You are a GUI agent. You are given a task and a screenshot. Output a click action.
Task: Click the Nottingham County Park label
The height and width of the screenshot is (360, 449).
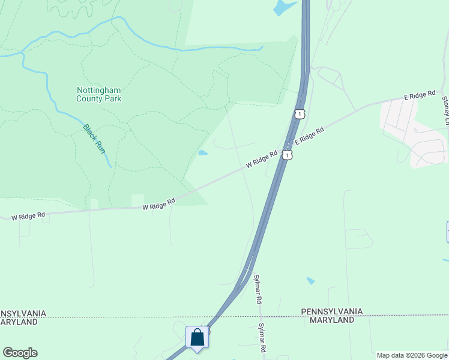pos(99,94)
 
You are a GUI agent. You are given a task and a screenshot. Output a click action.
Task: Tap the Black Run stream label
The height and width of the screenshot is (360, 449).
pos(94,138)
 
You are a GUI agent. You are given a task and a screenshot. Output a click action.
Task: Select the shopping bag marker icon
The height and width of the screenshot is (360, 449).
pos(197,338)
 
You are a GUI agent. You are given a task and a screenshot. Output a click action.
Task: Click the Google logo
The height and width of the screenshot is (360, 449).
pos(20,353)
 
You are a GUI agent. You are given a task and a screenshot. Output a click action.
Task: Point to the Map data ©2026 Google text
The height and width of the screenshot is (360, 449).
pos(412,355)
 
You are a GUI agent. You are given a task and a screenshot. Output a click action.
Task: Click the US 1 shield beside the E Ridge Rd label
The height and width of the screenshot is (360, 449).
pos(289,155)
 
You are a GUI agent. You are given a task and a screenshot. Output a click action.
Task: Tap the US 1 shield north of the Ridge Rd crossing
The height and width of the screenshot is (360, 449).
pos(300,113)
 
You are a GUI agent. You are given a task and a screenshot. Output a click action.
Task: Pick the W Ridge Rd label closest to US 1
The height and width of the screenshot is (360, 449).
pos(261,158)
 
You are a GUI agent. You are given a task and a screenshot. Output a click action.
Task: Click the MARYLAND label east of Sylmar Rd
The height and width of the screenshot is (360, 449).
pos(332,320)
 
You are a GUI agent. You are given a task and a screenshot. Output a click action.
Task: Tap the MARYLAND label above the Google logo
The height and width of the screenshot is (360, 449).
pos(19,322)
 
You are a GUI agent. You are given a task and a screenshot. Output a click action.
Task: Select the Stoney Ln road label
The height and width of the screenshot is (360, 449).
pos(445,111)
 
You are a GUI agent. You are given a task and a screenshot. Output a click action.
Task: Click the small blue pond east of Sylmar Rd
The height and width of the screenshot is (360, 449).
pos(310,280)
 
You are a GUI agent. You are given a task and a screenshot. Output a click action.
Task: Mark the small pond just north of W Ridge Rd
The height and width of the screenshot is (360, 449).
pos(203,152)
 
